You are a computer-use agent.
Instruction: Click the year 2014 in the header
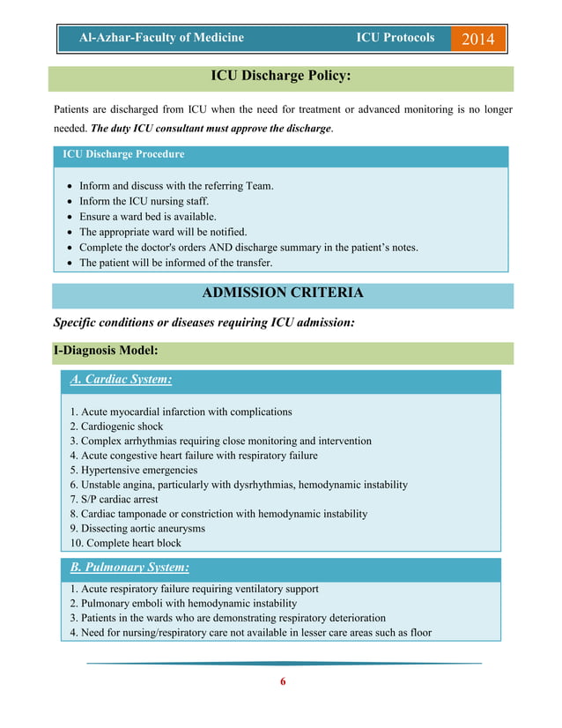[478, 39]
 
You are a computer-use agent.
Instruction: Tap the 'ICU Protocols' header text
[395, 38]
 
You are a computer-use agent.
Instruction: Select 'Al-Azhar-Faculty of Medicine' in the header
[161, 38]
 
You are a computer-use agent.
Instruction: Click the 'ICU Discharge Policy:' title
[281, 77]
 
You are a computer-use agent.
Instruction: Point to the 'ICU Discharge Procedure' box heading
[123, 154]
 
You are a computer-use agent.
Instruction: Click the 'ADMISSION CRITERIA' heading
[282, 293]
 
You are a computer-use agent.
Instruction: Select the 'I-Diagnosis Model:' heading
[106, 351]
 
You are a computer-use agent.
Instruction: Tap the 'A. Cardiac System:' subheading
[121, 380]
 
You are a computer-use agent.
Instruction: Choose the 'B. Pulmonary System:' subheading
[129, 567]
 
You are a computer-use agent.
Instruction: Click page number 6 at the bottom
[283, 681]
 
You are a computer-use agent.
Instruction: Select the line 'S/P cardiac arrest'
[115, 500]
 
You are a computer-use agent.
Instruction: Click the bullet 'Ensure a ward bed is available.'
[147, 217]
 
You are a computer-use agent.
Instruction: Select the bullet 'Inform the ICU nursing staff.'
[144, 202]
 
